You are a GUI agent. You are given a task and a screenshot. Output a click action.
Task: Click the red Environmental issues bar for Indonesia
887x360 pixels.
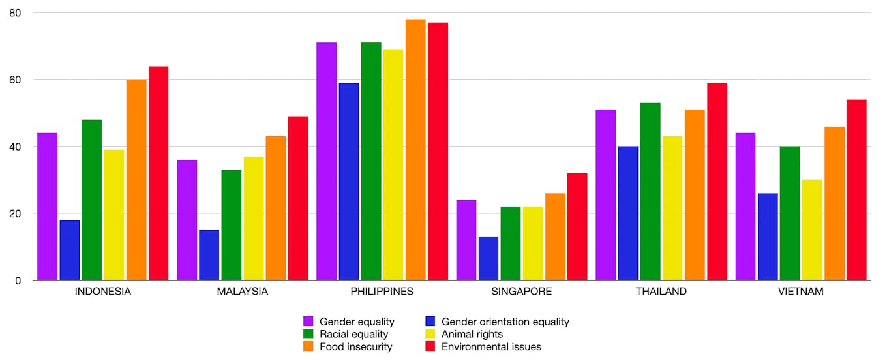pyautogui.click(x=158, y=173)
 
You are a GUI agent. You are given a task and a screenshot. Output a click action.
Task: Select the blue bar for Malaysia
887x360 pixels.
pyautogui.click(x=209, y=255)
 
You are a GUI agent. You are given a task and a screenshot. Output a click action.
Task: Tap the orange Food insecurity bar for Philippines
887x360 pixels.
pyautogui.click(x=415, y=150)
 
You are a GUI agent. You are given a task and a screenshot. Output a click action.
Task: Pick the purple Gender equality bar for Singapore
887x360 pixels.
pyautogui.click(x=466, y=240)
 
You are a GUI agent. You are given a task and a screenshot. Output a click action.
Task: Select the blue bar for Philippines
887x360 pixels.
pyautogui.click(x=349, y=182)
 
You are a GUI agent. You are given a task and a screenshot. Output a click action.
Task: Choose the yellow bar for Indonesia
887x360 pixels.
pyautogui.click(x=114, y=215)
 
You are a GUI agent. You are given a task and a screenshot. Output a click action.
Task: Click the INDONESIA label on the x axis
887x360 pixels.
pyautogui.click(x=102, y=292)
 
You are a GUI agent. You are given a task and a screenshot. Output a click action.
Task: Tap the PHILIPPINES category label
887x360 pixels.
pyautogui.click(x=382, y=292)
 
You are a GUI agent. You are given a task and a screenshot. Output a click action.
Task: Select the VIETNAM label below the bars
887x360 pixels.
pyautogui.click(x=801, y=292)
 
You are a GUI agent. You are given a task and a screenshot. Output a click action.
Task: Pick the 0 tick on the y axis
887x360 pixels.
pyautogui.click(x=18, y=280)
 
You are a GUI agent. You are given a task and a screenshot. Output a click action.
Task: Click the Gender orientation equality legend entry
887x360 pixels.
pyautogui.click(x=505, y=322)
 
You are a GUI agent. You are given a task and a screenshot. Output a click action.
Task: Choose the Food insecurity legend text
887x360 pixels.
pyautogui.click(x=355, y=347)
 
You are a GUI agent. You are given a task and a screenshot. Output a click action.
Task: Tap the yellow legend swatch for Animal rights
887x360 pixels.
pyautogui.click(x=430, y=334)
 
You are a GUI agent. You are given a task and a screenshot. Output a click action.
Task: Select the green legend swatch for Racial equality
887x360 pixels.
pyautogui.click(x=308, y=334)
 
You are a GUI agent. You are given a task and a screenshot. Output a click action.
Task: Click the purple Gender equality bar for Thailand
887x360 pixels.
pyautogui.click(x=606, y=195)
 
